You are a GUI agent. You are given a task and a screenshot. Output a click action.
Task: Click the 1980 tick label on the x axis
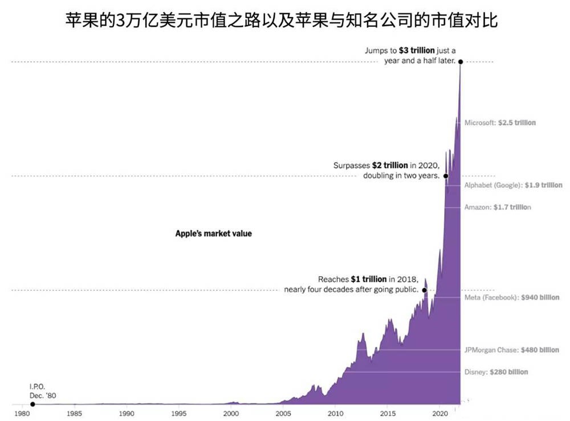tap(22, 413)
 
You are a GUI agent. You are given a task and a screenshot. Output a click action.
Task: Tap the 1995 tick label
tap(179, 413)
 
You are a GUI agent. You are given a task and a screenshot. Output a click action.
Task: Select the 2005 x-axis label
tap(283, 413)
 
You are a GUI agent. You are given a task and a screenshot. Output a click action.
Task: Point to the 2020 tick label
tap(440, 413)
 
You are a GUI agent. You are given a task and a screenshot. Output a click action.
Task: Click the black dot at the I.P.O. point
tap(32, 404)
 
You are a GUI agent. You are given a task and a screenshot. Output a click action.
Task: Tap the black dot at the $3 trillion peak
tap(460, 61)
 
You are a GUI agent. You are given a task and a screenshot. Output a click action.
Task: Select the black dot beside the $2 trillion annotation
tap(446, 176)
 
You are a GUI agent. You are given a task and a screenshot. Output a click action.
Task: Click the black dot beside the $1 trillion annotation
tap(425, 290)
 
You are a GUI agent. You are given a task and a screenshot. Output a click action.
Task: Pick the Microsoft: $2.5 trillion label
tap(500, 123)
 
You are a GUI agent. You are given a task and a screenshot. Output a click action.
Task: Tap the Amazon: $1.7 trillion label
tap(498, 207)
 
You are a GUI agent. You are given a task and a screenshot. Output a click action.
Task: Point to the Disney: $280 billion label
tap(496, 372)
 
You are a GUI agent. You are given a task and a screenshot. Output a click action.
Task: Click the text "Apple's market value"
tap(213, 233)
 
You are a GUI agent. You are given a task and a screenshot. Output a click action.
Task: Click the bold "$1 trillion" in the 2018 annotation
tap(369, 280)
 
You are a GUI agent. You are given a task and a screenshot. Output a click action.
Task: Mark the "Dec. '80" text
tap(43, 395)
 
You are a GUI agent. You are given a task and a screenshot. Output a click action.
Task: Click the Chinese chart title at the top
tap(283, 21)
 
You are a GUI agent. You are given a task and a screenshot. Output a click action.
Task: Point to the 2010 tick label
tap(336, 413)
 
